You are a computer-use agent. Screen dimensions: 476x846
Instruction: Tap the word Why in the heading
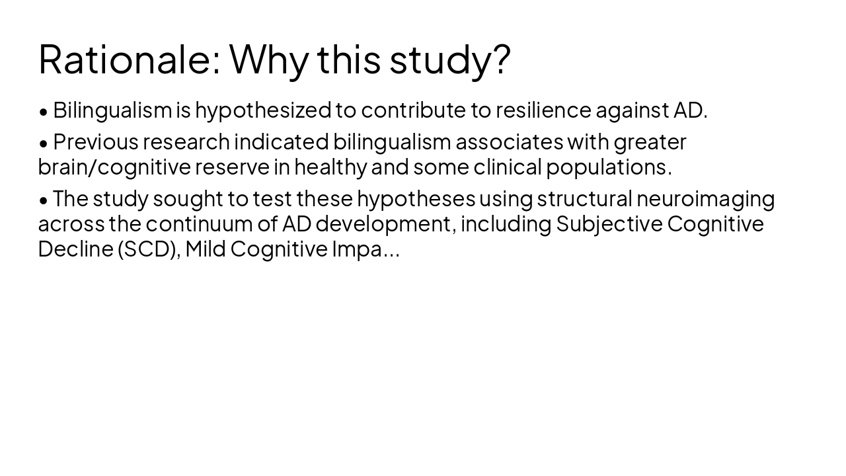(x=268, y=59)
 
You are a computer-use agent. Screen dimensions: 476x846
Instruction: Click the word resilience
(x=543, y=110)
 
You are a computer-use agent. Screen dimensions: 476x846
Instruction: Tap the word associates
(x=509, y=141)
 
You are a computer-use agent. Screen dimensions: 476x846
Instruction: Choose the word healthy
(x=330, y=167)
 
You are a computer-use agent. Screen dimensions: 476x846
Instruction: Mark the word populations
(x=608, y=167)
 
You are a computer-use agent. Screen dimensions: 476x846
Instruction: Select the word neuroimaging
(x=705, y=198)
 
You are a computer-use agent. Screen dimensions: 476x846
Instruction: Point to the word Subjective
(x=609, y=224)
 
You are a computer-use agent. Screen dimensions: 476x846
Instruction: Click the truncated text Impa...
(x=365, y=249)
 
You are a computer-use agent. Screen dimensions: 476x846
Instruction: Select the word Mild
(x=205, y=249)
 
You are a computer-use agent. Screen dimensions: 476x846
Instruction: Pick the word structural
(x=584, y=198)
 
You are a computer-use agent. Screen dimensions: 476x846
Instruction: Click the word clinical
(x=507, y=167)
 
